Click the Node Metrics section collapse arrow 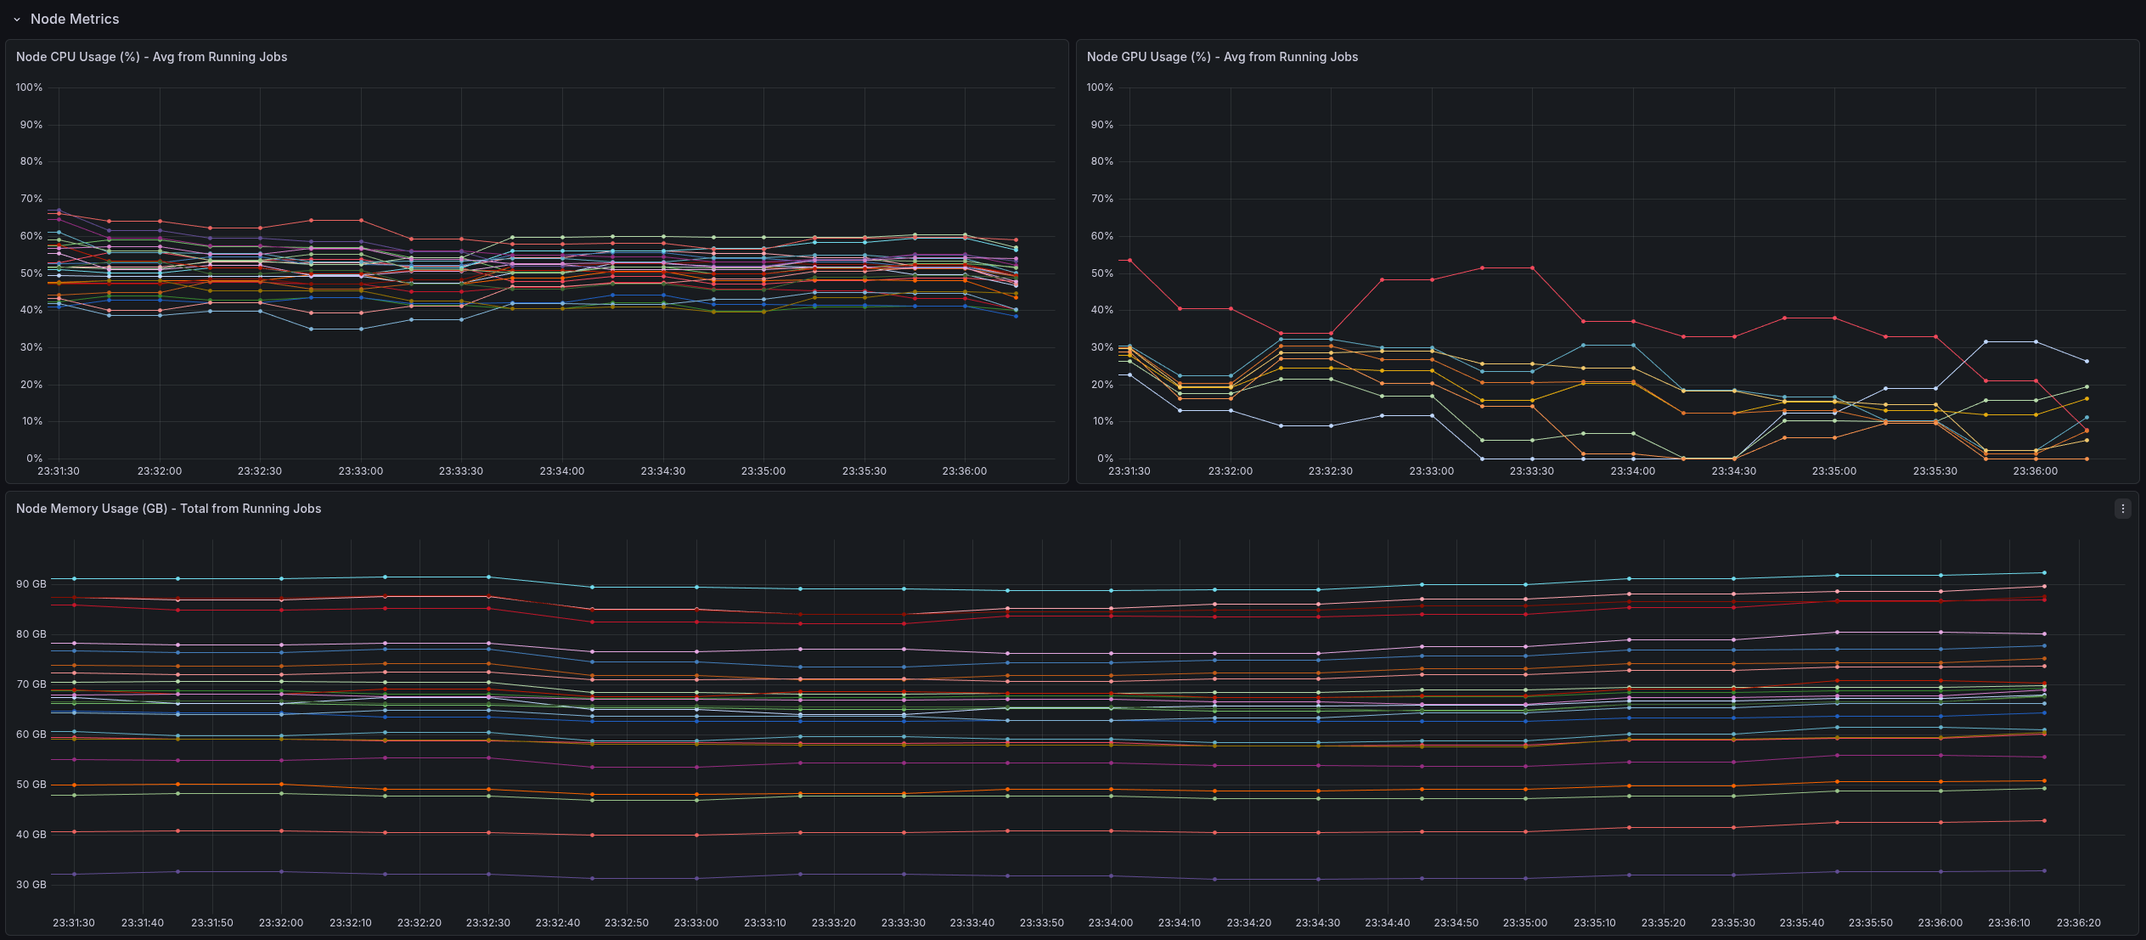(16, 20)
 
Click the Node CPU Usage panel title (151, 57)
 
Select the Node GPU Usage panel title (1222, 57)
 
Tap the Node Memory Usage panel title (168, 509)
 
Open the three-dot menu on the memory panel (2122, 509)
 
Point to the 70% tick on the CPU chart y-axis (31, 199)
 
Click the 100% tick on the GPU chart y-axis (1100, 87)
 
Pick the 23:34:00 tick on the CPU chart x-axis (561, 471)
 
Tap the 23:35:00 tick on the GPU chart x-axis (1833, 471)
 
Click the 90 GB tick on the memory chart (31, 584)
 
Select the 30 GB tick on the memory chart (31, 885)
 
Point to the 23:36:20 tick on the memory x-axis (2078, 923)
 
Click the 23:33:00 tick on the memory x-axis (696, 923)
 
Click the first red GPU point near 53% (1129, 260)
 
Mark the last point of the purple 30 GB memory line (2044, 870)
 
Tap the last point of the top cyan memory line (2044, 573)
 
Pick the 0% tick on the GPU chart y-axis (1104, 459)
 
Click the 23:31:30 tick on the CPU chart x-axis (59, 471)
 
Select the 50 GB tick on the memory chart (31, 785)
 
